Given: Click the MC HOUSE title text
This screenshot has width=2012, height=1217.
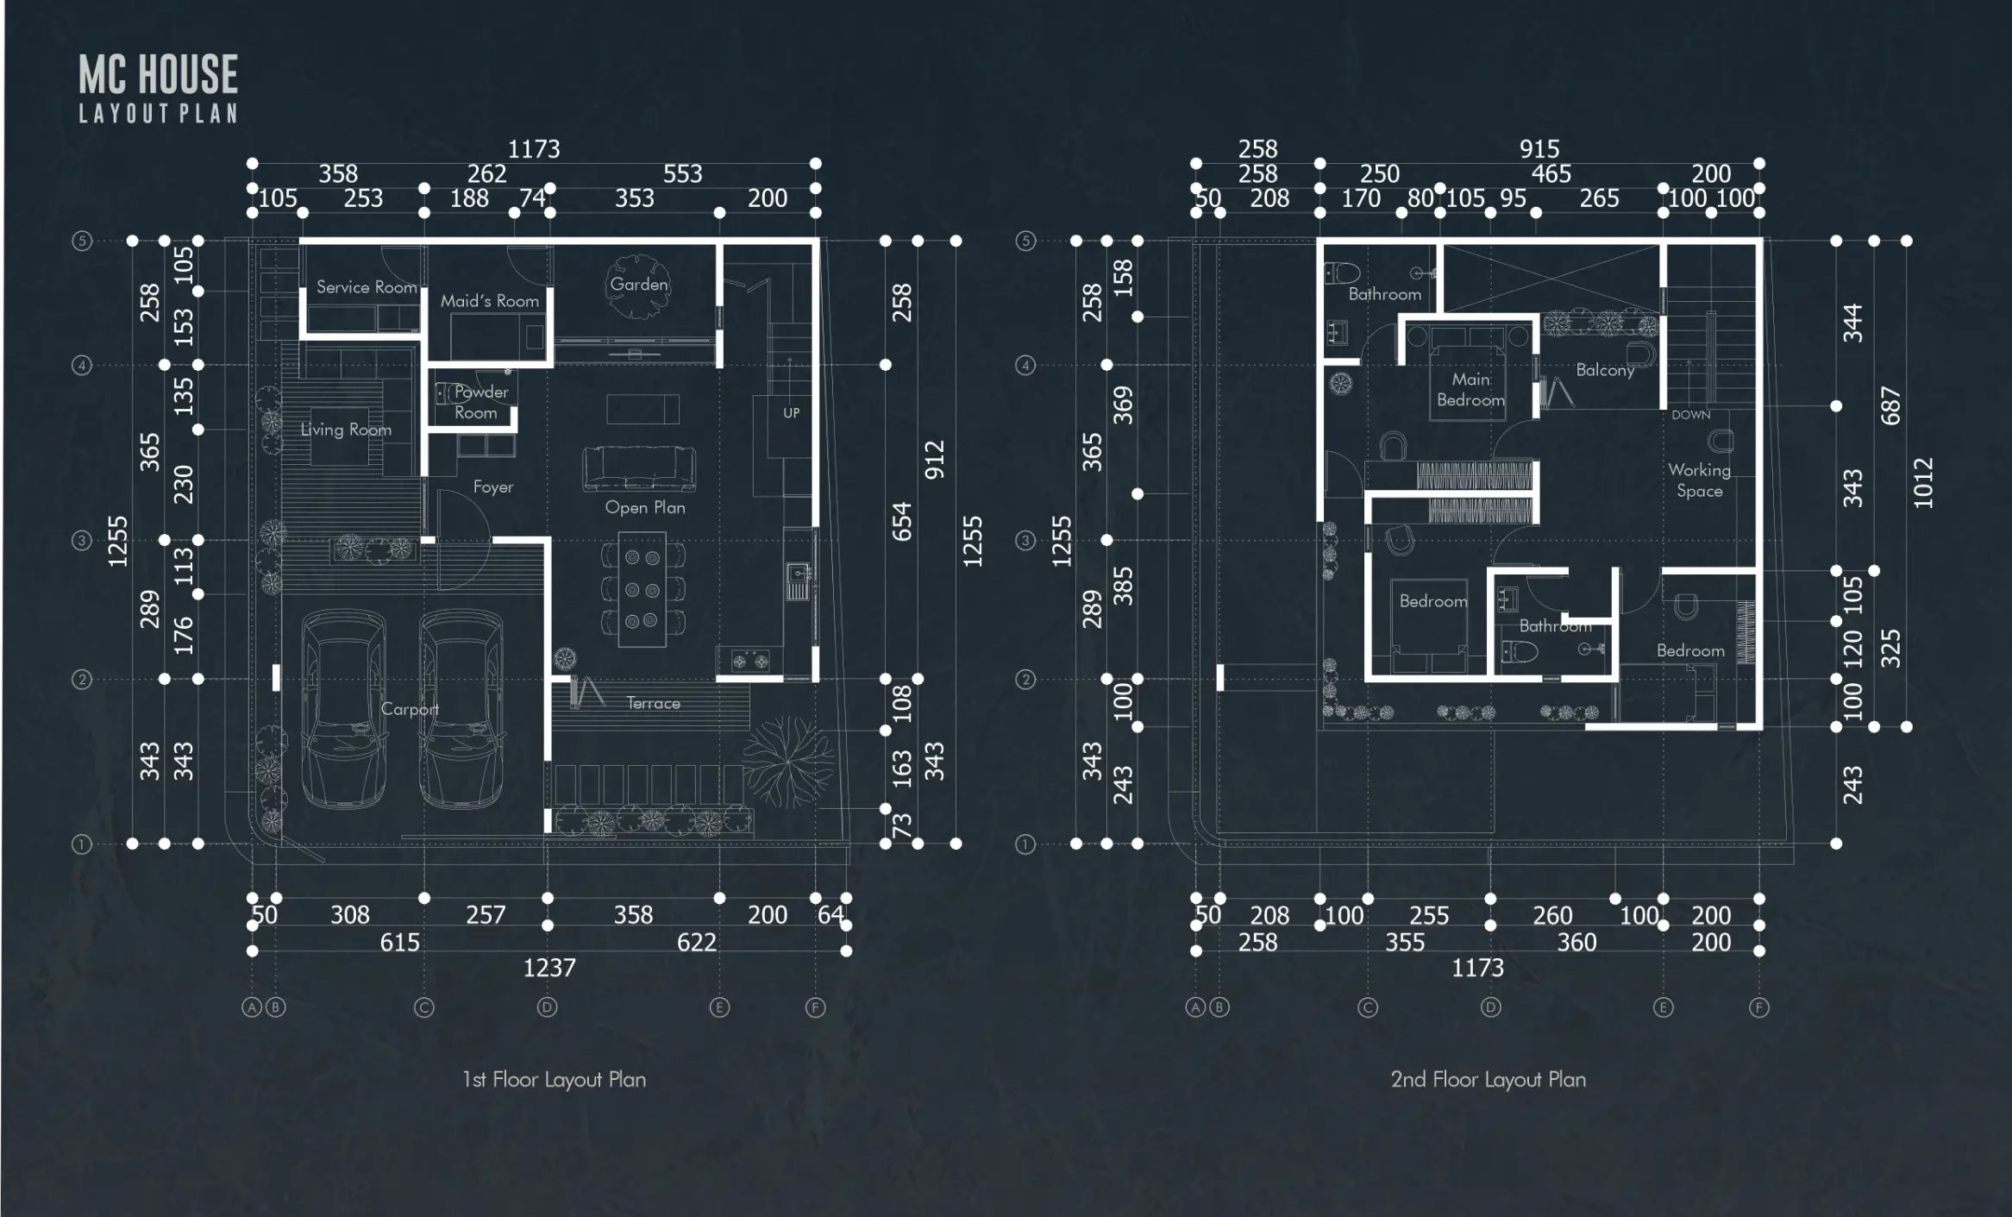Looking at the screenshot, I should (x=158, y=74).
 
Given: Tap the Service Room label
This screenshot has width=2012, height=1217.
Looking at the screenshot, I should (x=367, y=287).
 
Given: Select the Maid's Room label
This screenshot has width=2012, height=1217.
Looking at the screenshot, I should (x=489, y=301).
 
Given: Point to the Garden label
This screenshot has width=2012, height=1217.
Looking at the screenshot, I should (x=639, y=285).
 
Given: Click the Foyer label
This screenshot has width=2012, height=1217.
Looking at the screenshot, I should (x=493, y=487).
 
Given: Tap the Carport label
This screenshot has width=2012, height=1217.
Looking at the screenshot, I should (x=410, y=709).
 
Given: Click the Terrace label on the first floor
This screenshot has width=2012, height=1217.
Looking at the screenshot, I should (x=653, y=704).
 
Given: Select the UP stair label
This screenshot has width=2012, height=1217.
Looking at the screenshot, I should (x=791, y=413).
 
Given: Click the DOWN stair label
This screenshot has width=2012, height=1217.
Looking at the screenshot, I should (x=1690, y=415).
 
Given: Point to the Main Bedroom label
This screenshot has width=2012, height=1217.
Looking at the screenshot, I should (x=1470, y=390).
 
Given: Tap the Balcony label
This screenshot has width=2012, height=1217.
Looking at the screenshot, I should (x=1605, y=370).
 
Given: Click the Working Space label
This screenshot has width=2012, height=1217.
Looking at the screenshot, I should (x=1699, y=480).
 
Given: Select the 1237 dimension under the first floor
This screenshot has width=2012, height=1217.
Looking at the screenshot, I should (x=549, y=968).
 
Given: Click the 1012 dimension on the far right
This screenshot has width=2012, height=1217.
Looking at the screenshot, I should (x=1923, y=483).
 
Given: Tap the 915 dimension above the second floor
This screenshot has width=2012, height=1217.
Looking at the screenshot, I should (x=1539, y=149).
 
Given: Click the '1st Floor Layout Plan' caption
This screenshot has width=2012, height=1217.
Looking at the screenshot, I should (x=554, y=1080).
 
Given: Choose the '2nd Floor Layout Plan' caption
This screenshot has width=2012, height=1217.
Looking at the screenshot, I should (x=1488, y=1080).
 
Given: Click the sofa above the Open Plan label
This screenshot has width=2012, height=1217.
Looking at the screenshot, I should (x=639, y=467).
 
